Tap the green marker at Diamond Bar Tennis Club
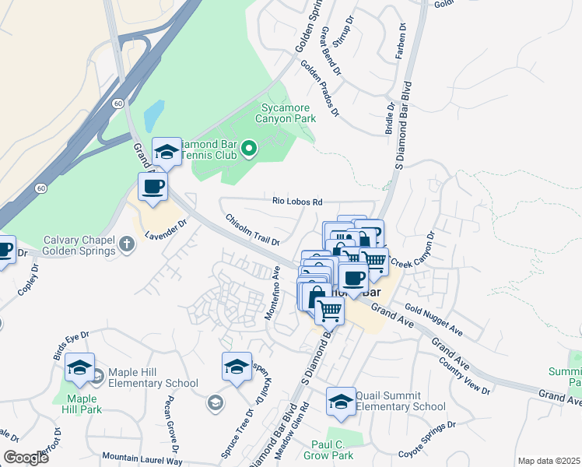249,148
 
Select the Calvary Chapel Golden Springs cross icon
126,246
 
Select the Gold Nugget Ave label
433,321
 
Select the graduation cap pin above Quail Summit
341,399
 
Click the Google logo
26,458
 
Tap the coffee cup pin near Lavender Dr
153,187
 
